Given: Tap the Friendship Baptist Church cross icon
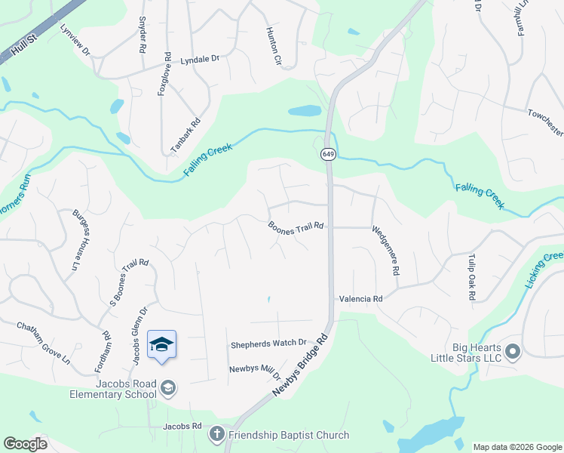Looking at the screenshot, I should [216, 434].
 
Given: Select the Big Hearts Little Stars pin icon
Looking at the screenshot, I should [513, 352].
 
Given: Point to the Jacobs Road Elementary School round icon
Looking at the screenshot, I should [169, 388].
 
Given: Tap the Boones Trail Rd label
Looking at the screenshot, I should [296, 226].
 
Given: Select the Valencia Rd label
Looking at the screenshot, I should [360, 299].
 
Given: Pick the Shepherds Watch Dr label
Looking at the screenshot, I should [268, 343].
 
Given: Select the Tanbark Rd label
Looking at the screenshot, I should [185, 137].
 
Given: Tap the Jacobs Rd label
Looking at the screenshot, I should [182, 427].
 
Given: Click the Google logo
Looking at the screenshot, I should [25, 444].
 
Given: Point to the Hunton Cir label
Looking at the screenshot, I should [272, 47].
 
